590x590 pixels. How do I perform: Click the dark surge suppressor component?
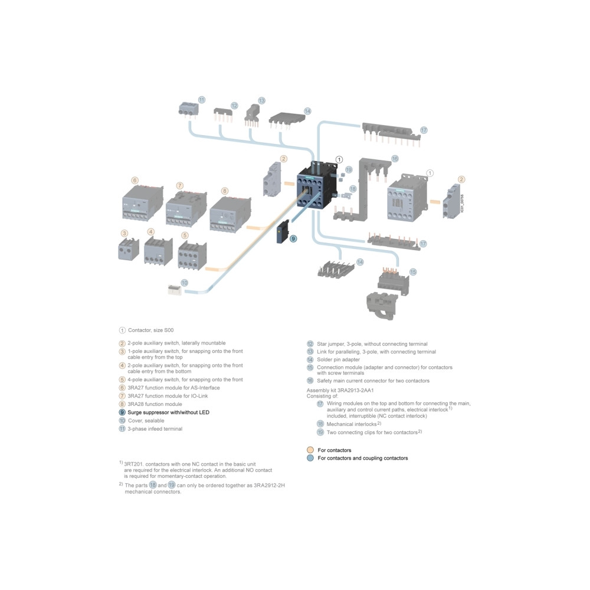(x=283, y=231)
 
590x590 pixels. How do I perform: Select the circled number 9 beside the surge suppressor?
(x=293, y=238)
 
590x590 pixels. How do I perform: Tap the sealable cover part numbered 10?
(x=174, y=289)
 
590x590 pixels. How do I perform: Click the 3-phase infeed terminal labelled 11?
(x=188, y=110)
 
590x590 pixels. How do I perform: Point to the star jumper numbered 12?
(x=223, y=114)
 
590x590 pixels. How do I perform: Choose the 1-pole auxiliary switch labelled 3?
(x=128, y=249)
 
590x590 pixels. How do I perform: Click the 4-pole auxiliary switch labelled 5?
(x=192, y=255)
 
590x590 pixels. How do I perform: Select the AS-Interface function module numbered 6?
(x=143, y=203)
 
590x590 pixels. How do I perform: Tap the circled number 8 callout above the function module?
(x=225, y=191)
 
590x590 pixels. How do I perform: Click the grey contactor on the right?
(x=408, y=197)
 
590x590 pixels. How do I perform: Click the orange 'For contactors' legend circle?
(x=310, y=450)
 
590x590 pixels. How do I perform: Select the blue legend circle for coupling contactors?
(x=310, y=458)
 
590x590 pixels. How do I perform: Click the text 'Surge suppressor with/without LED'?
(x=168, y=412)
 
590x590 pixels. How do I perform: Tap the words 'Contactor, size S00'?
(x=150, y=330)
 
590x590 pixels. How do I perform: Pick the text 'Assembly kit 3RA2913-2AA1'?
(x=340, y=390)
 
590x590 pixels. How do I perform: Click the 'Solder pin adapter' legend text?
(x=338, y=359)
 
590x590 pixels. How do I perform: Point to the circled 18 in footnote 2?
(x=153, y=485)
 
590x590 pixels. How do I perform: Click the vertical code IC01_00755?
(x=462, y=203)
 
